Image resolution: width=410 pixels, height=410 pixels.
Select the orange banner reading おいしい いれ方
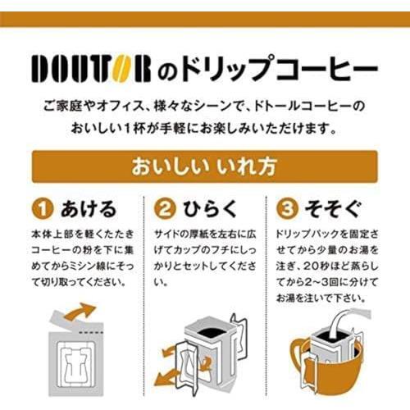(x=205, y=166)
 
